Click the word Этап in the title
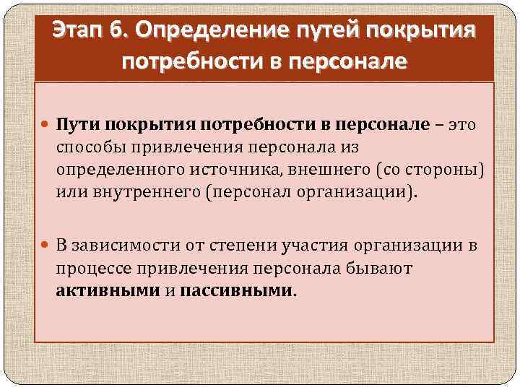click(80, 32)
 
